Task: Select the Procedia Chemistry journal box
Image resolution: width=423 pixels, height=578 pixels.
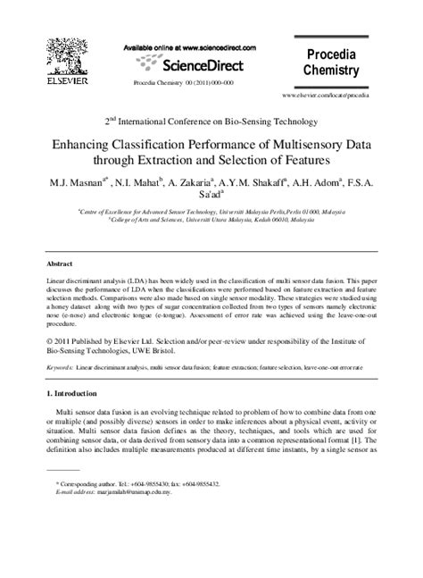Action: tap(331, 62)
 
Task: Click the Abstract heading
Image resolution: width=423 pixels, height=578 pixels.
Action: tap(62, 265)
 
